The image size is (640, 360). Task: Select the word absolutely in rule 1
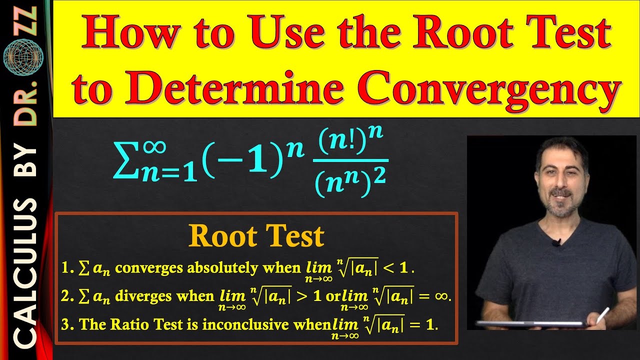(223, 268)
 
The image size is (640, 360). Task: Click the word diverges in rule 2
(140, 296)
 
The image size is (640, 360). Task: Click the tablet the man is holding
(530, 324)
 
